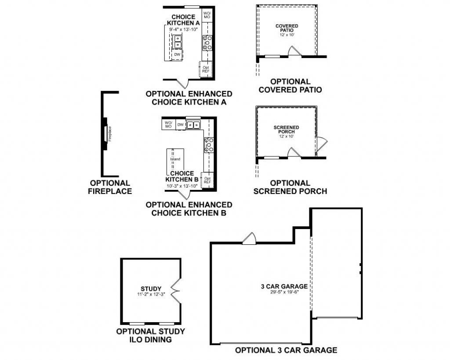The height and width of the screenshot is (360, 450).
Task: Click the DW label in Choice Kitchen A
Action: [177, 55]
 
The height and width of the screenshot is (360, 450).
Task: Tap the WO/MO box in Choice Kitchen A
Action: [207, 15]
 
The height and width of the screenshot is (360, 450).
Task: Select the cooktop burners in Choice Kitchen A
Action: [207, 43]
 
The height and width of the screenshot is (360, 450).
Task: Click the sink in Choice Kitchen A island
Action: [178, 42]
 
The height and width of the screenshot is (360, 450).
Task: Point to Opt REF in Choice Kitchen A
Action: [206, 69]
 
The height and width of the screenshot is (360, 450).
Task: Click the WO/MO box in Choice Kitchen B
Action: [168, 124]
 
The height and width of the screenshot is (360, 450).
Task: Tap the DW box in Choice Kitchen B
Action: [180, 125]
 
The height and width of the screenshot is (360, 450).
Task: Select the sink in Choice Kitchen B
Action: [193, 125]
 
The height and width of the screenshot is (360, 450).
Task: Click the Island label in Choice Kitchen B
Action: [175, 159]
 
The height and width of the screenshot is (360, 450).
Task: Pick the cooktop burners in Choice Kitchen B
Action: [209, 145]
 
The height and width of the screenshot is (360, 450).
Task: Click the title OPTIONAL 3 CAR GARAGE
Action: [286, 350]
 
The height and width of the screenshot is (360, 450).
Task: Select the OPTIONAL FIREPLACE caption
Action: [110, 187]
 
